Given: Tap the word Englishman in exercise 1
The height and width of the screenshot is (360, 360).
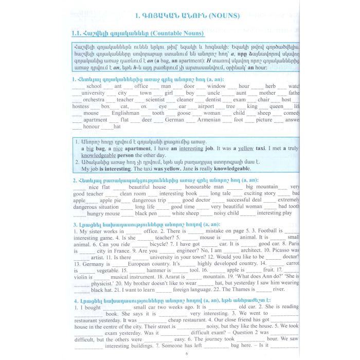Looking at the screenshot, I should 125,113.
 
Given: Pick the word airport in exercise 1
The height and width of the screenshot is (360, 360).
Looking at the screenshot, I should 206,106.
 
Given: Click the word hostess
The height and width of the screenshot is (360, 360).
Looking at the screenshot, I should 81,106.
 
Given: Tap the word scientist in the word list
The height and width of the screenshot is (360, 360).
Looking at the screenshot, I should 155,100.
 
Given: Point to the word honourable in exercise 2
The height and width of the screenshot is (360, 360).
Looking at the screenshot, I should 198,187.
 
